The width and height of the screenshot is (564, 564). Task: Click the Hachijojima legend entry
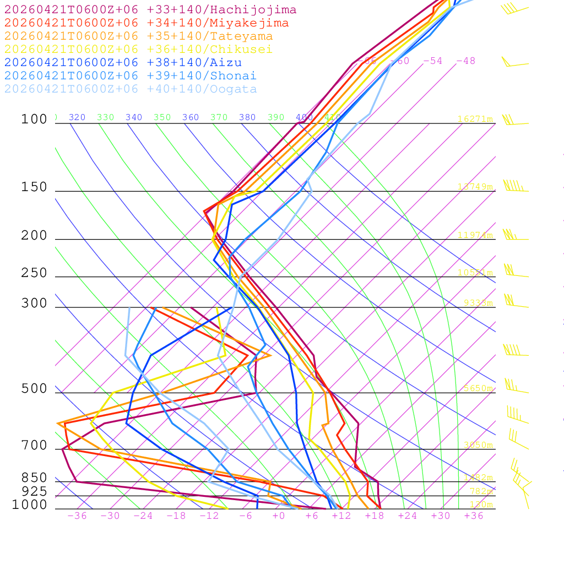(150, 10)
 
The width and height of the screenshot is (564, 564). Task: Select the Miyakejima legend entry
(147, 23)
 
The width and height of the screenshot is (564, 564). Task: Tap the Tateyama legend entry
(139, 36)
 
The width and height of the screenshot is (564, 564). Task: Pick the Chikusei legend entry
(138, 50)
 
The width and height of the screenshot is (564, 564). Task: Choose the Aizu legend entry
(123, 63)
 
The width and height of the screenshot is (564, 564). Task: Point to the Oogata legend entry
(131, 89)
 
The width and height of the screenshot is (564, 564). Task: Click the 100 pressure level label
(34, 120)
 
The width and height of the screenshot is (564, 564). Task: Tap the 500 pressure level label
(34, 389)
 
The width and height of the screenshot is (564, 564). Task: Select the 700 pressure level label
(34, 446)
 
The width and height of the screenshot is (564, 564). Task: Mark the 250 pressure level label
(34, 273)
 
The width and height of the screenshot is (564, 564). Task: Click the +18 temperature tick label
(374, 516)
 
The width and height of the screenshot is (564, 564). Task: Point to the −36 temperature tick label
(77, 516)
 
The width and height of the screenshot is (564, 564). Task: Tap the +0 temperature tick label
(278, 516)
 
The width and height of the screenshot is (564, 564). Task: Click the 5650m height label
(478, 388)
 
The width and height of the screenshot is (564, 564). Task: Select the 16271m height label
(475, 119)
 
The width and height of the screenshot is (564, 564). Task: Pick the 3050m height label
(478, 445)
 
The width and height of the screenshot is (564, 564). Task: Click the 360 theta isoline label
(190, 117)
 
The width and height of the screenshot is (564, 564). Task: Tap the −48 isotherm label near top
(465, 61)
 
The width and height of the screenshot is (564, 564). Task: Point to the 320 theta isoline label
(77, 117)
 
